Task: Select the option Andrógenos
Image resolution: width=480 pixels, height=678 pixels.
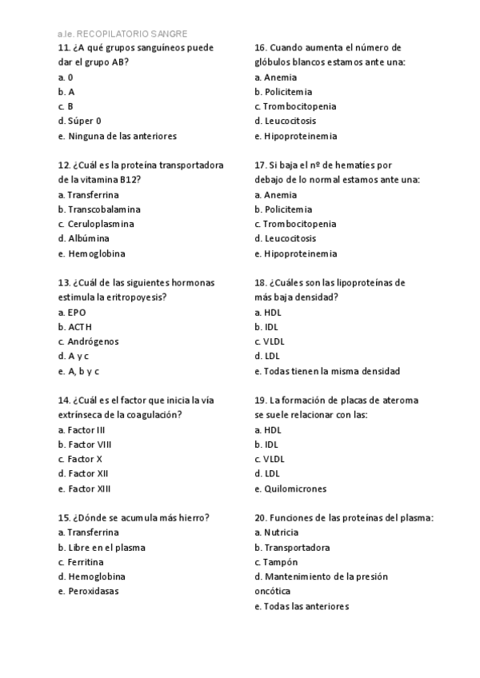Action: coord(93,341)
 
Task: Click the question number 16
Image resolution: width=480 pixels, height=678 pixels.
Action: coord(260,48)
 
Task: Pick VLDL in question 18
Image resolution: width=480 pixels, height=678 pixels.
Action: coord(274,341)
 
